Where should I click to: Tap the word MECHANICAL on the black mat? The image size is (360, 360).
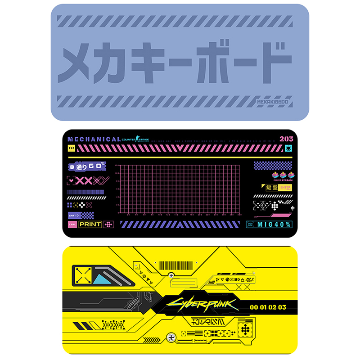coord(94,139)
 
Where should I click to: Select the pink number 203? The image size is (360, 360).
coord(286,139)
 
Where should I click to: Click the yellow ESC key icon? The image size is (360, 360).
coord(71,148)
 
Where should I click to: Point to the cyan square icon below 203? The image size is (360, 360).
coord(288,148)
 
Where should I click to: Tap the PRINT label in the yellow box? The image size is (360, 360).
coord(90,224)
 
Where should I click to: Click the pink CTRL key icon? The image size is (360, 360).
coord(72,224)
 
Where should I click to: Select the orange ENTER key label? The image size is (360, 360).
coord(285,187)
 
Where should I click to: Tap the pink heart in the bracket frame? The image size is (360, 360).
coord(71,181)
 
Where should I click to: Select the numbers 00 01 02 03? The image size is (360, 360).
coord(267,307)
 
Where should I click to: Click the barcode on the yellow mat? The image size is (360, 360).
coord(176,265)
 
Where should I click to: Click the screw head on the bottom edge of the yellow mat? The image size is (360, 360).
coord(171,336)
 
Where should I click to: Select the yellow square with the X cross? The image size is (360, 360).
coord(83,275)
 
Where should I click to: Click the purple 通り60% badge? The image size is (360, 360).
coord(87,166)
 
